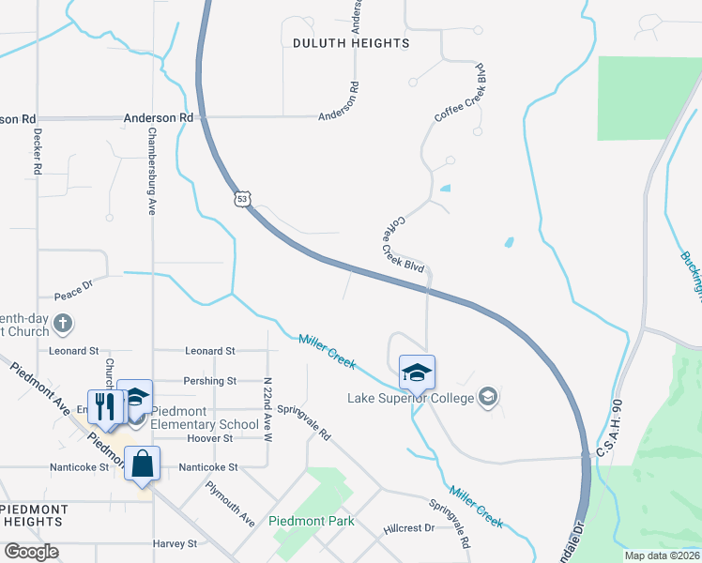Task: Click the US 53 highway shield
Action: [243, 199]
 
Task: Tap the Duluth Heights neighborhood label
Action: [351, 43]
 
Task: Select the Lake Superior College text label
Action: [411, 399]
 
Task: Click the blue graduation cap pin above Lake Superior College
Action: [417, 373]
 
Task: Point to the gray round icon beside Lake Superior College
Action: [487, 398]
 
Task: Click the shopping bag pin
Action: [142, 464]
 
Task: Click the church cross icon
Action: [63, 325]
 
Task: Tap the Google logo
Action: [31, 552]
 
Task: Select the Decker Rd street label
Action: [38, 152]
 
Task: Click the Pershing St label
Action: [210, 381]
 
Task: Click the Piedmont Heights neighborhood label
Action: [34, 515]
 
